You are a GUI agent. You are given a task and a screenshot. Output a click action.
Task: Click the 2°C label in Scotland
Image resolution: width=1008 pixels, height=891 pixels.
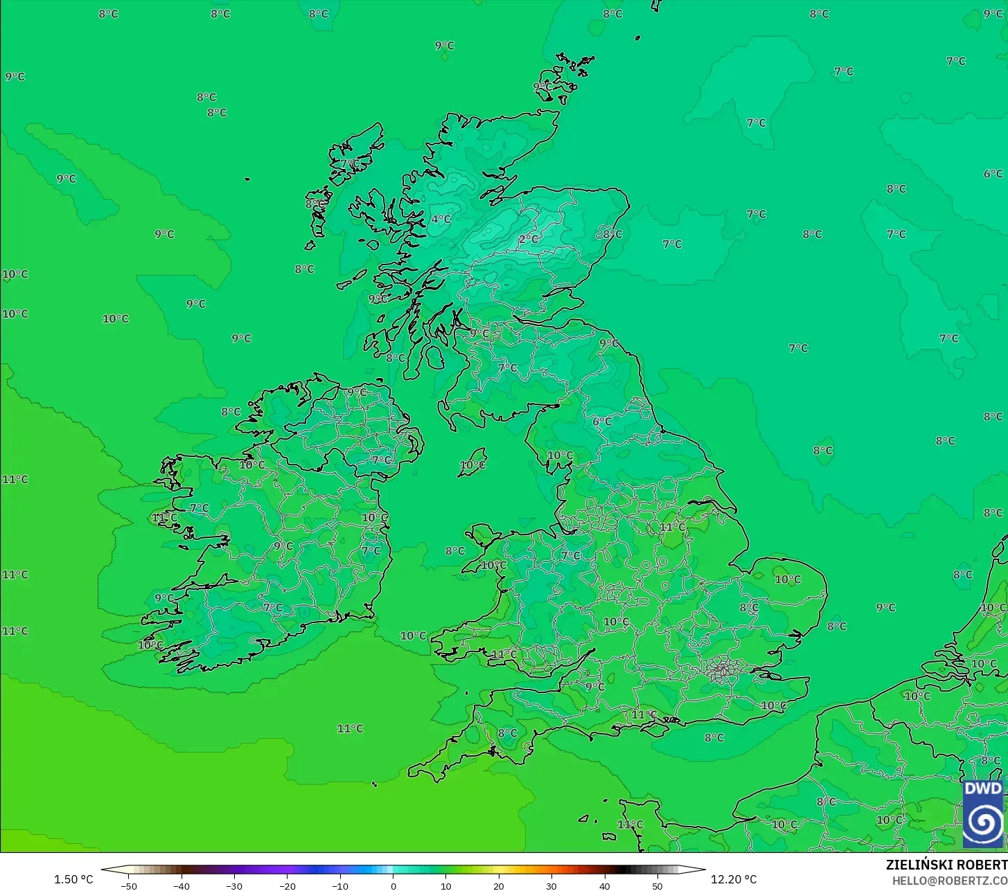pyautogui.click(x=529, y=239)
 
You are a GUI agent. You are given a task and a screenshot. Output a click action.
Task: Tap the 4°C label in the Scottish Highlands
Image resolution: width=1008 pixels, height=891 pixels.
pyautogui.click(x=441, y=219)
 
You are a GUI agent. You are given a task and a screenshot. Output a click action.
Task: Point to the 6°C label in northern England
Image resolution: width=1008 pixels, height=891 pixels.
pyautogui.click(x=602, y=421)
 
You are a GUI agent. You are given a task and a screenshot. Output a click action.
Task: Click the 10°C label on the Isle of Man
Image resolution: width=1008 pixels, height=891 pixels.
pyautogui.click(x=472, y=465)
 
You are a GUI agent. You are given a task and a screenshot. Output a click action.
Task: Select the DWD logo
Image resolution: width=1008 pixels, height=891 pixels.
pyautogui.click(x=982, y=813)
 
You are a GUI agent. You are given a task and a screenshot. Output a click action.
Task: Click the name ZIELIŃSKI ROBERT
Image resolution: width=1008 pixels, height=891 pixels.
pyautogui.click(x=946, y=865)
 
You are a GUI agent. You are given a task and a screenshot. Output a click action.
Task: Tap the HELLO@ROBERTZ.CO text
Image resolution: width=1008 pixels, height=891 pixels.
pyautogui.click(x=949, y=880)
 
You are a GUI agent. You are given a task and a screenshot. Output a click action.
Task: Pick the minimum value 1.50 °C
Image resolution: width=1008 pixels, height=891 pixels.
pyautogui.click(x=73, y=879)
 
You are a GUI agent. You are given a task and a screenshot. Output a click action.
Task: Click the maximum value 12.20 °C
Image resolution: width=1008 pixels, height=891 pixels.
pyautogui.click(x=734, y=879)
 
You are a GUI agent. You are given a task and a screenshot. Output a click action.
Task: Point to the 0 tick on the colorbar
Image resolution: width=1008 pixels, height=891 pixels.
pyautogui.click(x=393, y=885)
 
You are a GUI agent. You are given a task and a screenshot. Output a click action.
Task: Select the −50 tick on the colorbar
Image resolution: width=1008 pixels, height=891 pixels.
pyautogui.click(x=128, y=885)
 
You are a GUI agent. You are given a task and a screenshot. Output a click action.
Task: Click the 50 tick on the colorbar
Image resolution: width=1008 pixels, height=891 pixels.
pyautogui.click(x=657, y=885)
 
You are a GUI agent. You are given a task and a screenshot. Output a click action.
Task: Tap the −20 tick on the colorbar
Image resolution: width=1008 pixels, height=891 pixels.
pyautogui.click(x=287, y=885)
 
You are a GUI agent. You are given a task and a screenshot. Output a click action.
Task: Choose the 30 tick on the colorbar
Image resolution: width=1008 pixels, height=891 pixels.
pyautogui.click(x=551, y=885)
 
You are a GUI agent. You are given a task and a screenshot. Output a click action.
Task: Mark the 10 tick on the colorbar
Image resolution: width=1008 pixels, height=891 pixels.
pyautogui.click(x=445, y=885)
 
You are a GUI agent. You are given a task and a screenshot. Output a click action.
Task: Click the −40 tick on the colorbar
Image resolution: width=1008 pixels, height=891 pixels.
pyautogui.click(x=181, y=885)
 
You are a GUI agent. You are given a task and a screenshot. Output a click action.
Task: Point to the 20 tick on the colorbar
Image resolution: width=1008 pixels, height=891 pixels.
pyautogui.click(x=499, y=885)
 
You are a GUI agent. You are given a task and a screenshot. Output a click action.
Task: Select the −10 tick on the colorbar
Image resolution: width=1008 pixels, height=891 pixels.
pyautogui.click(x=339, y=885)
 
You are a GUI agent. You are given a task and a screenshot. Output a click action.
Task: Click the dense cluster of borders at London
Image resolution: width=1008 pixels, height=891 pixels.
pyautogui.click(x=722, y=669)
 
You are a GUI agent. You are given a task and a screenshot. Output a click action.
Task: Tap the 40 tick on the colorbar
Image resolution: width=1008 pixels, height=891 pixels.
pyautogui.click(x=605, y=885)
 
